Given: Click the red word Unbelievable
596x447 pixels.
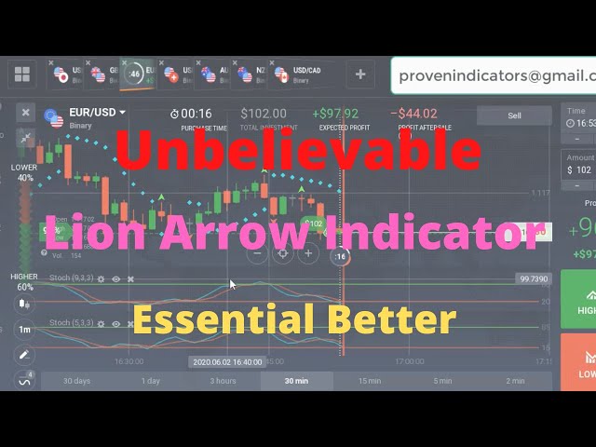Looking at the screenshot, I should coord(298,151).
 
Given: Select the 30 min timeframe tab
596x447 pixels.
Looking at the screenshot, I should coord(296,380).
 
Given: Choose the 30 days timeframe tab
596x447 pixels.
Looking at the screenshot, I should coord(77,380).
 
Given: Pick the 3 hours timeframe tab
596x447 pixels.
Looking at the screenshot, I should coord(223,380).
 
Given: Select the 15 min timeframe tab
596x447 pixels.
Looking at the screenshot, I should coord(370,380).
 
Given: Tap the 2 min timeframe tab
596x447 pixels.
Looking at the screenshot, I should coord(515,380).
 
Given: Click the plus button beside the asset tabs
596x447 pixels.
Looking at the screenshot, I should coord(360,74).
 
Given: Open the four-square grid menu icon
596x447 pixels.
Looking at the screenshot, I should coord(22,74).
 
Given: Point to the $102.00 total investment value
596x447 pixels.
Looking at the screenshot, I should coord(264,114).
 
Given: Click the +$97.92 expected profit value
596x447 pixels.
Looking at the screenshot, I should coord(334,114).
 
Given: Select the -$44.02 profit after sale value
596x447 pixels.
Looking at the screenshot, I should coord(416,114).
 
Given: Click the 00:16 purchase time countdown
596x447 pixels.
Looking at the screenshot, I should coord(196,114).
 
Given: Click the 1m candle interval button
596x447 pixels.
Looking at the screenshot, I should coord(23,330).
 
